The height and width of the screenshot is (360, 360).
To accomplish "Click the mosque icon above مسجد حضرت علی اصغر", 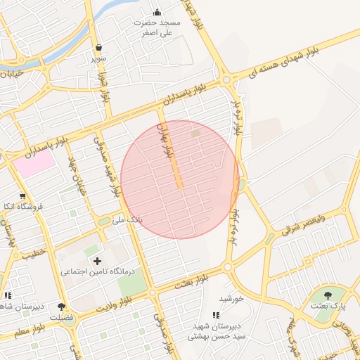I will pos(157,12).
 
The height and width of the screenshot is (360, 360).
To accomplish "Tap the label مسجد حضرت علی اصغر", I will pos(160,27).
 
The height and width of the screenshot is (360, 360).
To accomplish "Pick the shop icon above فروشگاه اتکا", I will pos(22,196).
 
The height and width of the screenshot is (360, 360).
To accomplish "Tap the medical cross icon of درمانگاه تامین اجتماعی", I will pos(97,261).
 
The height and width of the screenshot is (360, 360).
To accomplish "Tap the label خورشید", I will pos(231,298).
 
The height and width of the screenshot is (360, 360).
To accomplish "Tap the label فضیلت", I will pos(62,317).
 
